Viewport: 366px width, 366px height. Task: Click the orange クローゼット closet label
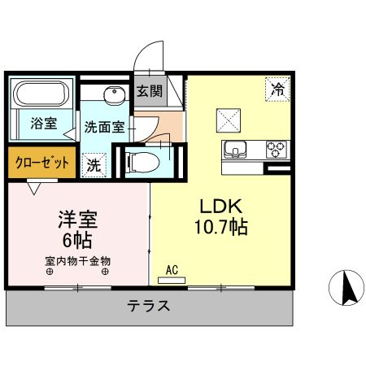tap(42, 162)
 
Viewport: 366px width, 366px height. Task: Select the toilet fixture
tap(143, 161)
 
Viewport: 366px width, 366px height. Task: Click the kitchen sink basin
tap(237, 150)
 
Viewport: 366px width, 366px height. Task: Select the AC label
tap(172, 268)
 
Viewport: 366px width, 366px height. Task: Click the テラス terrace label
tap(149, 307)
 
